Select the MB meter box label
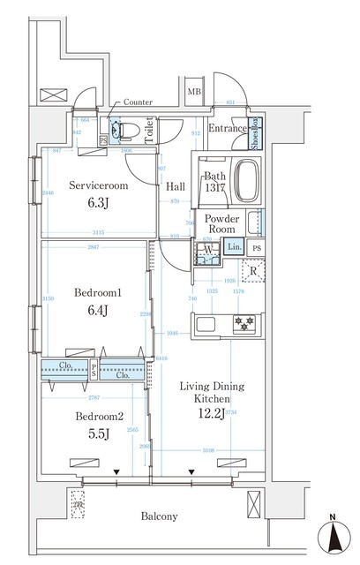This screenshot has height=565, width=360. click(193, 91)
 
